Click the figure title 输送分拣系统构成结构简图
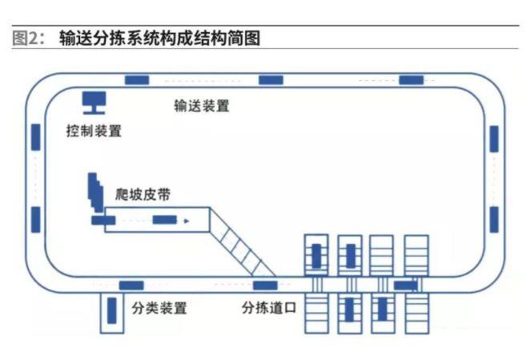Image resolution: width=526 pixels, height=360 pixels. click(x=160, y=38)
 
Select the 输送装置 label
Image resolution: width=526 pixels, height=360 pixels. click(x=202, y=106)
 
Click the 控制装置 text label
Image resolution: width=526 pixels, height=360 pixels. click(x=94, y=130)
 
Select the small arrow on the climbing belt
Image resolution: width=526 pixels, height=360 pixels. click(x=186, y=220)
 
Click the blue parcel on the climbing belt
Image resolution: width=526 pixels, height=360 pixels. click(x=164, y=220)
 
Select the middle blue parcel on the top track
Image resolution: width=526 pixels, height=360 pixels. click(x=271, y=79)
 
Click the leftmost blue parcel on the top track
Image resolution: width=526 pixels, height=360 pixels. click(x=136, y=79)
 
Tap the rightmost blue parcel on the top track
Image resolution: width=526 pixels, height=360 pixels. click(x=411, y=79)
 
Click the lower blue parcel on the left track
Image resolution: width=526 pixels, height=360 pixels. click(x=36, y=218)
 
